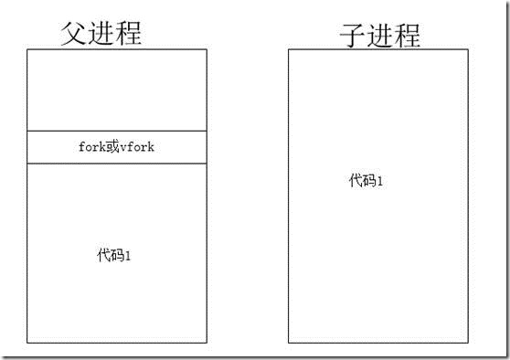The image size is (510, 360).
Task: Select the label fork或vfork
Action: [x=117, y=147]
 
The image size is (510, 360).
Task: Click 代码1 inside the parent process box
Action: [x=115, y=255]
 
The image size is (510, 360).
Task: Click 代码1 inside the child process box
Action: [x=366, y=180]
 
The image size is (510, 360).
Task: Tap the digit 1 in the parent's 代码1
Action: [x=129, y=255]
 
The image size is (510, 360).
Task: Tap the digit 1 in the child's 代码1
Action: [x=379, y=180]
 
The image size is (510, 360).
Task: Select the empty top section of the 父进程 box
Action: [x=117, y=90]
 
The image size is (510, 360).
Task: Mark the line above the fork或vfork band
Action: [x=117, y=131]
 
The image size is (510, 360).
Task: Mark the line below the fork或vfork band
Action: [x=117, y=164]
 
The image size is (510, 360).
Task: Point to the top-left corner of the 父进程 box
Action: [x=27, y=49]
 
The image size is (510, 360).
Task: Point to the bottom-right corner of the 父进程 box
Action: [x=207, y=343]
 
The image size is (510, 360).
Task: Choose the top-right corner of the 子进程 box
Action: [x=468, y=49]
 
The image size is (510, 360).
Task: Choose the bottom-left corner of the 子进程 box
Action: [x=289, y=343]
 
